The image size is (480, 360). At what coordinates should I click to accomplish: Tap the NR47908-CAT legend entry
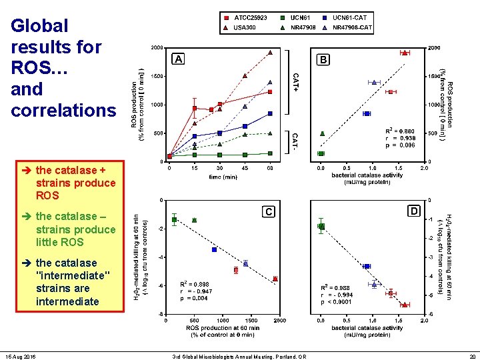point(347,28)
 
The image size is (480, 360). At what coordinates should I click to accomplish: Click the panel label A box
point(179,59)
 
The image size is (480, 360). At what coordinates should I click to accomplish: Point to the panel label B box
point(323,59)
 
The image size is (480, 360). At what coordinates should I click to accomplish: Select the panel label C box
point(268,211)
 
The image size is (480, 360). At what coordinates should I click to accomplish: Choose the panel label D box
point(414,211)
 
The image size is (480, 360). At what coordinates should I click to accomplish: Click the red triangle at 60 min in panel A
point(270,52)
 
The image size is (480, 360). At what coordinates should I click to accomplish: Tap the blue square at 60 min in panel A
point(270,113)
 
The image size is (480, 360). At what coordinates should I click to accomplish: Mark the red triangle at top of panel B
point(404,52)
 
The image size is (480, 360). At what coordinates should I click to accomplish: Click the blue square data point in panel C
point(214,249)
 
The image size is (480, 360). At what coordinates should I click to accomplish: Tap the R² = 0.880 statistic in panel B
point(400,131)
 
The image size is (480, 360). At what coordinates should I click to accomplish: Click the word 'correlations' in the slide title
point(63,110)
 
